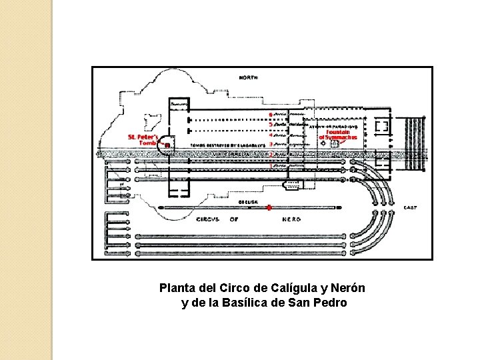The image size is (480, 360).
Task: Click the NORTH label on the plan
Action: [x=251, y=77]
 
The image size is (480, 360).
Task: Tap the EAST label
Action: [x=410, y=208]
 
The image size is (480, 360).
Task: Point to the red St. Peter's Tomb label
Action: [x=142, y=139]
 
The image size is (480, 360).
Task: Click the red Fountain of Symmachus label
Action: [x=339, y=135]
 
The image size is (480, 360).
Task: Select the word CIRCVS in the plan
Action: [x=207, y=219]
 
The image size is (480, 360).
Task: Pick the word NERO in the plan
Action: [x=291, y=219]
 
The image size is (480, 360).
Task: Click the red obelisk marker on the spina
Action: [x=269, y=208]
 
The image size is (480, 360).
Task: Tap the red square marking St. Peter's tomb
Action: [x=167, y=145]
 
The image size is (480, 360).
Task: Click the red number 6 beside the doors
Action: [x=269, y=114]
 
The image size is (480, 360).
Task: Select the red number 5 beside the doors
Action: [x=270, y=124]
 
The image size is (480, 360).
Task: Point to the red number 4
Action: [x=270, y=135]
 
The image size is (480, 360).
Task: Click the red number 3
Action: [x=270, y=144]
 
